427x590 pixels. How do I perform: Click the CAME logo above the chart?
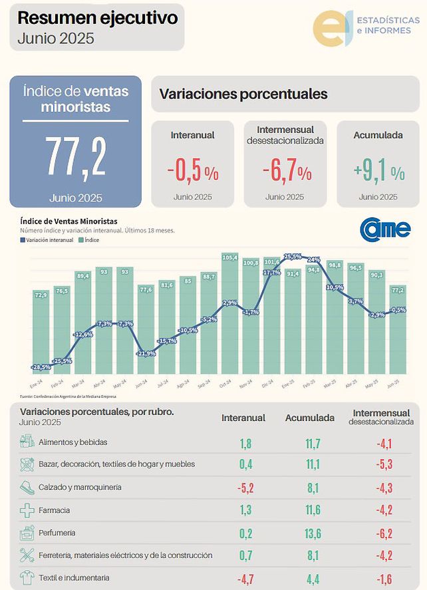point(385,228)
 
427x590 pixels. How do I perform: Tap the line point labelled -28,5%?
point(41,367)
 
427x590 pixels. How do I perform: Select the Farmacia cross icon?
point(27,510)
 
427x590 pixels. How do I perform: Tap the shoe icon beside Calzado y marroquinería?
point(27,487)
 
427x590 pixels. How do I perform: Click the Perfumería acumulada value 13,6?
point(309,533)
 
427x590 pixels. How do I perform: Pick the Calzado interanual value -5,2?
point(245,488)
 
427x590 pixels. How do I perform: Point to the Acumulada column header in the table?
point(309,418)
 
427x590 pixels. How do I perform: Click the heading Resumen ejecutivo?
point(98,18)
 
